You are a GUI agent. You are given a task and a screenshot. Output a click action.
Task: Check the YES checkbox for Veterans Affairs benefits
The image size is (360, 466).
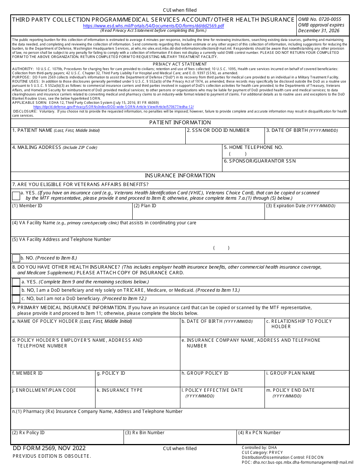[16, 196]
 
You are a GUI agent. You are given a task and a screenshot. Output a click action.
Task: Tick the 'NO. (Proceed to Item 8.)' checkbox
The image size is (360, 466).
[16, 258]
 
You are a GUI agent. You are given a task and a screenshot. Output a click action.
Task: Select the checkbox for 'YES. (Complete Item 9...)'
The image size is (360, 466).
[16, 282]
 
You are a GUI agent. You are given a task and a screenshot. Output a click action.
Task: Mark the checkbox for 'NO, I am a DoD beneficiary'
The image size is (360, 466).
[16, 290]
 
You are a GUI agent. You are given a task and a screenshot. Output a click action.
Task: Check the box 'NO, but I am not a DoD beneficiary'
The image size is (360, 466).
[16, 299]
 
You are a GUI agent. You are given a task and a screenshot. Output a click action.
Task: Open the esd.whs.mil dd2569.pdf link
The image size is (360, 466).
[153, 26]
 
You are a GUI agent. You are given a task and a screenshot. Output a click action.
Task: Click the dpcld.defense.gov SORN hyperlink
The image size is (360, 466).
[114, 107]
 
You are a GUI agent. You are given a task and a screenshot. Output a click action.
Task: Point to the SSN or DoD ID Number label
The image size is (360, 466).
[218, 130]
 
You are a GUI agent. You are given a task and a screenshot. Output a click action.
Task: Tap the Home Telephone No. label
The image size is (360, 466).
[253, 147]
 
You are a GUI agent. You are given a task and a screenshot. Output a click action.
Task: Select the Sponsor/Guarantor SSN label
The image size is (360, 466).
[260, 161]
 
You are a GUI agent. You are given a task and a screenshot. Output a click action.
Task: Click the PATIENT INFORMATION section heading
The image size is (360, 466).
[180, 122]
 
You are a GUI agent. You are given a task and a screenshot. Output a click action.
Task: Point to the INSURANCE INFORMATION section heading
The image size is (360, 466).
[180, 175]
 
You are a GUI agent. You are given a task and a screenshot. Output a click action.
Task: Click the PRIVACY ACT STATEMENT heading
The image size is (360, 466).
[180, 64]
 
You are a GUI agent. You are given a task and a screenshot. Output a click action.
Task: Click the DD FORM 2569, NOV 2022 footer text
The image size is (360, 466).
[49, 448]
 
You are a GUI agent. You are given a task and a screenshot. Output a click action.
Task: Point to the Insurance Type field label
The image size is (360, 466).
[120, 390]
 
